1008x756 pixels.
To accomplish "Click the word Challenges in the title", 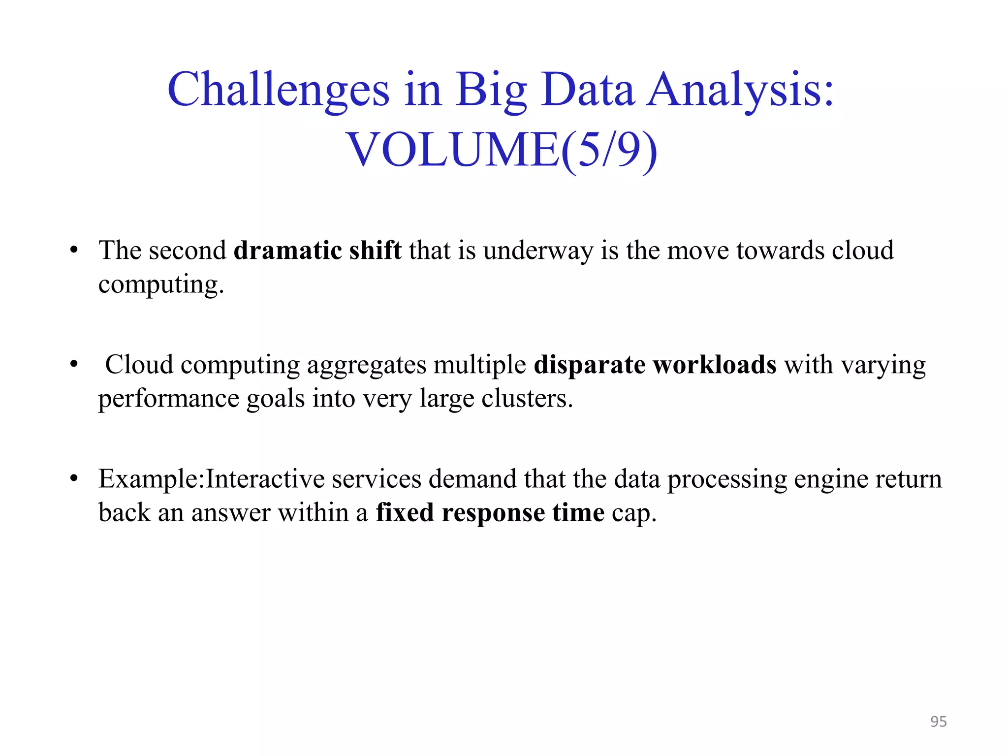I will pyautogui.click(x=279, y=91).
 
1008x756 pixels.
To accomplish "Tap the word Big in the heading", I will pyautogui.click(x=491, y=91).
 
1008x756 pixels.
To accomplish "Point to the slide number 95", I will pyautogui.click(x=938, y=722).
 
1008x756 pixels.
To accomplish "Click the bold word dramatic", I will pyautogui.click(x=287, y=250).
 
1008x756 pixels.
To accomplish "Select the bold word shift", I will pyautogui.click(x=375, y=250).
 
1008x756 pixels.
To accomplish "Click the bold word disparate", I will pyautogui.click(x=589, y=365).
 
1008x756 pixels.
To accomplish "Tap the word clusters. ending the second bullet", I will pyautogui.click(x=527, y=399).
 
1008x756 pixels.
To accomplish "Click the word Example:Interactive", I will pyautogui.click(x=211, y=479).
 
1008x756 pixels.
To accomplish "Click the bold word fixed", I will pyautogui.click(x=405, y=513).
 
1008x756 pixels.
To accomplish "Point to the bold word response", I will pyautogui.click(x=493, y=513).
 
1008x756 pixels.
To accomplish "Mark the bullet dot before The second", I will pyautogui.click(x=74, y=250).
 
